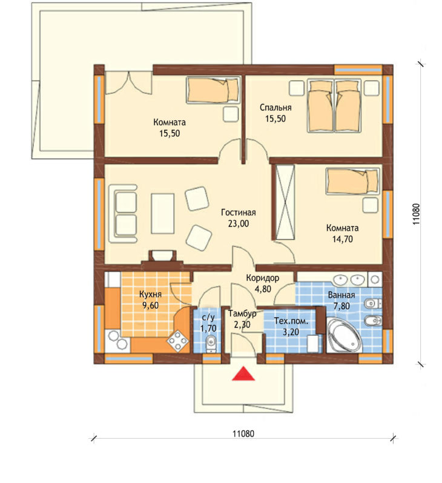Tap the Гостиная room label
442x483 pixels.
click(239, 212)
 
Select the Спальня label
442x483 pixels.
click(275, 108)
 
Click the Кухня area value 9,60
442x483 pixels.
click(150, 305)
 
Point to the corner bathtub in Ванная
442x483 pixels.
click(343, 335)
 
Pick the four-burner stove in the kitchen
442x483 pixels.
click(177, 341)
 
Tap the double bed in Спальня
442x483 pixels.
click(334, 106)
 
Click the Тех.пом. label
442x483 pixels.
click(291, 321)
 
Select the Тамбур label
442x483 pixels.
click(242, 314)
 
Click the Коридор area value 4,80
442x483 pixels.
click(263, 289)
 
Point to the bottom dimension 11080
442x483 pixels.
click(243, 434)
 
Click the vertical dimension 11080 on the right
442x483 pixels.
click(416, 214)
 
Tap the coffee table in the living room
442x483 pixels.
click(163, 214)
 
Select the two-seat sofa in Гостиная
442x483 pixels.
click(123, 214)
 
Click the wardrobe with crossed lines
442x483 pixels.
click(285, 202)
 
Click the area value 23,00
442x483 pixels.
click(239, 223)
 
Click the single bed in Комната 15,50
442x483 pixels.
click(213, 90)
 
